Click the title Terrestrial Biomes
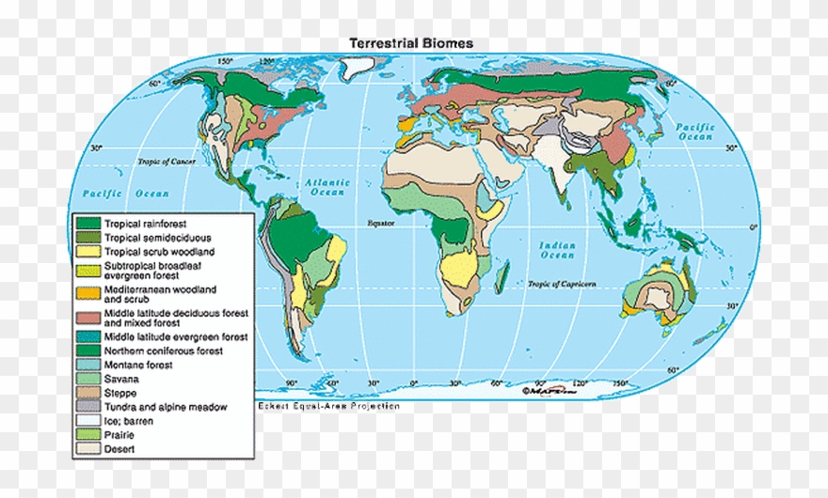(411, 43)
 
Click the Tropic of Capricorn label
(561, 284)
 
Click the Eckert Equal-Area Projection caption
(328, 406)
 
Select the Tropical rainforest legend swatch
(89, 224)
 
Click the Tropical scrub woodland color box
(89, 252)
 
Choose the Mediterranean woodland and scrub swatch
(89, 293)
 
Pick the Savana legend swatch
(89, 379)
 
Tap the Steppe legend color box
(89, 393)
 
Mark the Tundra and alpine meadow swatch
(89, 407)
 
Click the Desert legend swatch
(89, 449)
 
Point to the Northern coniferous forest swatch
(89, 350)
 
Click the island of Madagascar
(502, 278)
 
